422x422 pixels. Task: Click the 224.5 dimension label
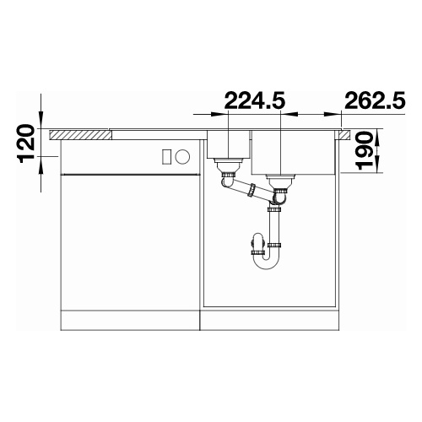coord(255,100)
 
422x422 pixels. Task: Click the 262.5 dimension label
coord(375,100)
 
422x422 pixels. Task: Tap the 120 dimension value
coord(27,143)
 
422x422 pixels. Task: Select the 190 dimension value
coord(365,150)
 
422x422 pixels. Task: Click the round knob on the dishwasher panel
coord(182,155)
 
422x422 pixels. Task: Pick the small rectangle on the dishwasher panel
coord(166,156)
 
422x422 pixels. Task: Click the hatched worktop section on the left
coord(80,135)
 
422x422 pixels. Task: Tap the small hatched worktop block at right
coord(344,135)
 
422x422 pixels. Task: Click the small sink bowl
coord(228,143)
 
